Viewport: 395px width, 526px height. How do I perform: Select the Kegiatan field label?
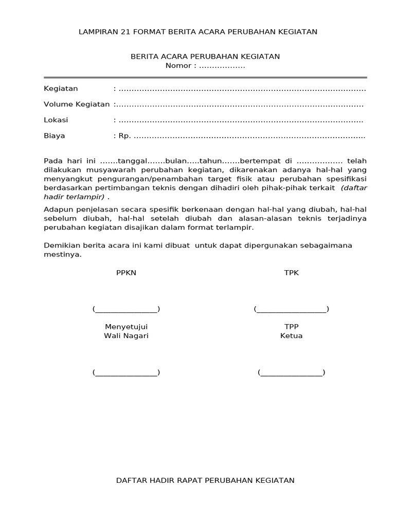(x=61, y=88)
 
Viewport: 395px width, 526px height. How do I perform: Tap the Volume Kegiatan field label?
(x=77, y=104)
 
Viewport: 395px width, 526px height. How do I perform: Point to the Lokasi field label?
(x=56, y=120)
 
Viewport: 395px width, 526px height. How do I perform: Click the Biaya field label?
(x=55, y=136)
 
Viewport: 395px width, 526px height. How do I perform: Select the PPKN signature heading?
(x=126, y=273)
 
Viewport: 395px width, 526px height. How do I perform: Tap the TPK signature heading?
(x=291, y=273)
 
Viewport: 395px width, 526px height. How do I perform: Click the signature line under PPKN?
(x=126, y=309)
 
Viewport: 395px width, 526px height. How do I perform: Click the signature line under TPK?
(x=291, y=309)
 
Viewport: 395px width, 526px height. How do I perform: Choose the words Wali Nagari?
(x=126, y=336)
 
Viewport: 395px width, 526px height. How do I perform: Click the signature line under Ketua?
(x=291, y=373)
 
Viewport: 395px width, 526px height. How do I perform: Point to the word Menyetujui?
(x=126, y=327)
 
